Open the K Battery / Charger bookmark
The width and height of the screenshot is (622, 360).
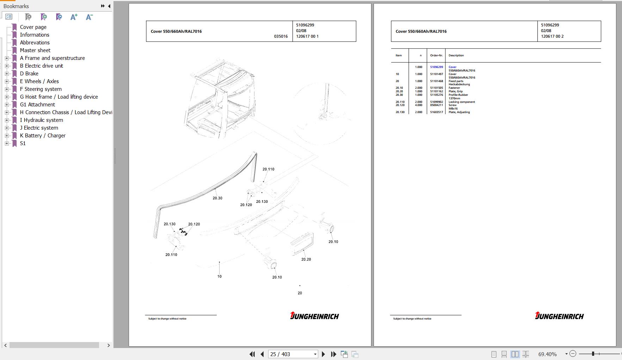point(43,136)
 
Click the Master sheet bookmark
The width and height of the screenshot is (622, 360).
point(35,50)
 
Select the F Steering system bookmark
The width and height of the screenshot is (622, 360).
point(41,89)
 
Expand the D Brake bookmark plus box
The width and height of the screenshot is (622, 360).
point(7,74)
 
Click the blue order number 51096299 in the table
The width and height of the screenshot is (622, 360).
point(436,67)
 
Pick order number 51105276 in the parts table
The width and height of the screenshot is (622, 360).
point(436,95)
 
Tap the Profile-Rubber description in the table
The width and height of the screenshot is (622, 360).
point(458,95)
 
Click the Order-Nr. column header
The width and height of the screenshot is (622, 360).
point(436,55)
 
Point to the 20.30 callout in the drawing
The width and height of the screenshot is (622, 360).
point(217,198)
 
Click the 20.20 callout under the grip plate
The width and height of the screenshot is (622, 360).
point(306,259)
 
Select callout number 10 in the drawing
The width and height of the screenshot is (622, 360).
point(219,277)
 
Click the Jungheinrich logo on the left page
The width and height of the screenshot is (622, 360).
point(314,316)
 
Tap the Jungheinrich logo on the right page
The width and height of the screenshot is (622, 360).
point(559,316)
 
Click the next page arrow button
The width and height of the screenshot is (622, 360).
point(324,354)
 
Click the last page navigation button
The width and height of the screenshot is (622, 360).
point(333,354)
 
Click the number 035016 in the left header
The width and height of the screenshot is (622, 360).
point(281,36)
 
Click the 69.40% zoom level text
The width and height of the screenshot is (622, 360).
point(547,354)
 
